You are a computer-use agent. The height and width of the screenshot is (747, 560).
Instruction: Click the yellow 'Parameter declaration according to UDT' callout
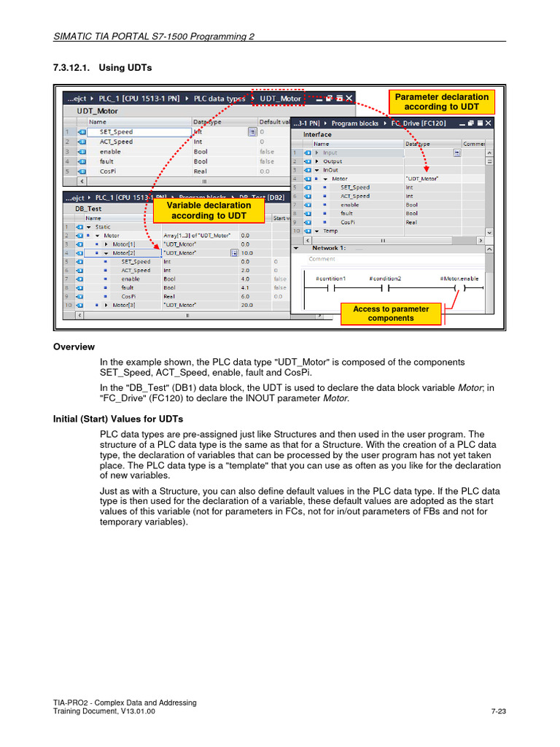(442, 102)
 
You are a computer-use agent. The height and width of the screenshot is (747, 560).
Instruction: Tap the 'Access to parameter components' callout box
(391, 314)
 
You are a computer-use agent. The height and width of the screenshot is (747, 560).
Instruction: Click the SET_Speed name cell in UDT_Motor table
(117, 132)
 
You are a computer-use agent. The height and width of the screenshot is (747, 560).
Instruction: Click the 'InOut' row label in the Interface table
(330, 170)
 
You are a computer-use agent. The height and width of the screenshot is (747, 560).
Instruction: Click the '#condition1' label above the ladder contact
(330, 279)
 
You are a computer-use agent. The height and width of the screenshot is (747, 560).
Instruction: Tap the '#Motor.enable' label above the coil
(459, 279)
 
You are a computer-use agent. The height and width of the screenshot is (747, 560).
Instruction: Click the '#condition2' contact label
(385, 279)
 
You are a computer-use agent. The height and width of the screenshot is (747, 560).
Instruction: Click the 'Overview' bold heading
(74, 347)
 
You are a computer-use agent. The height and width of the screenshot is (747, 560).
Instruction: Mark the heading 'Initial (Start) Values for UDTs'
(118, 419)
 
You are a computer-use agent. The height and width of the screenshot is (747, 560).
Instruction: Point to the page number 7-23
(499, 712)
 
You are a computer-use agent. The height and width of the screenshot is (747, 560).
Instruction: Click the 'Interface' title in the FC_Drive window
(317, 134)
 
